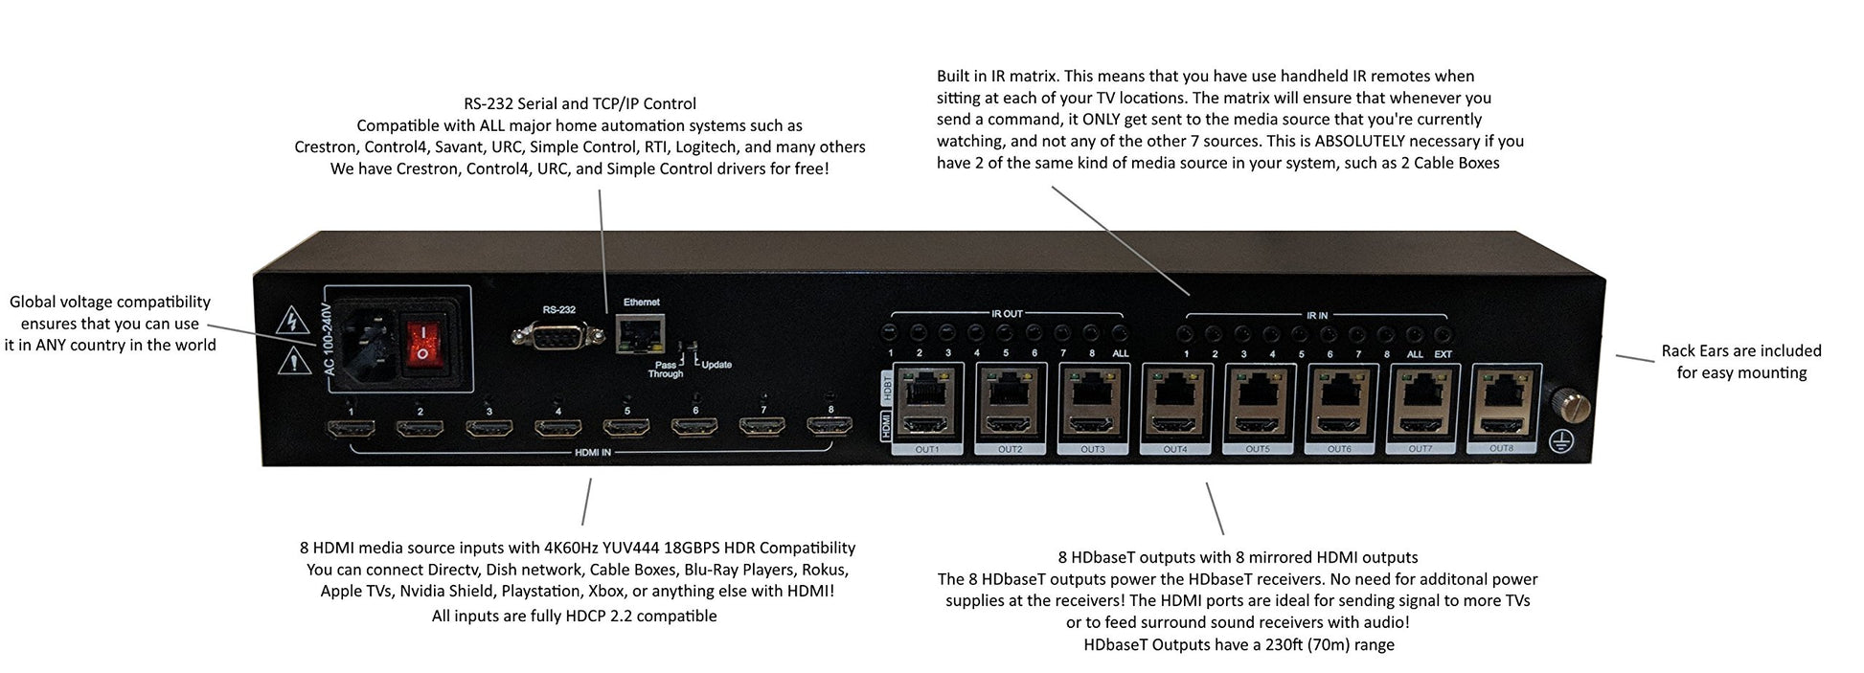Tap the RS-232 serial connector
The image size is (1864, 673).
557,335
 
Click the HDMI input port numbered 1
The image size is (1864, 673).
351,429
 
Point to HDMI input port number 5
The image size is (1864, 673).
625,427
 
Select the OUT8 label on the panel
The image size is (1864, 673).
1502,448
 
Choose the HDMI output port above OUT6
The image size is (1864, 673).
1339,425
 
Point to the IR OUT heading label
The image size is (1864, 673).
1007,314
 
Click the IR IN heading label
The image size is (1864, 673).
1316,315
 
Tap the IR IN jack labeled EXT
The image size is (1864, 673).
1443,335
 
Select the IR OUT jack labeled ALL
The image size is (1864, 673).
1120,333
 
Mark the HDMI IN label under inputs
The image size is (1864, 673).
592,453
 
